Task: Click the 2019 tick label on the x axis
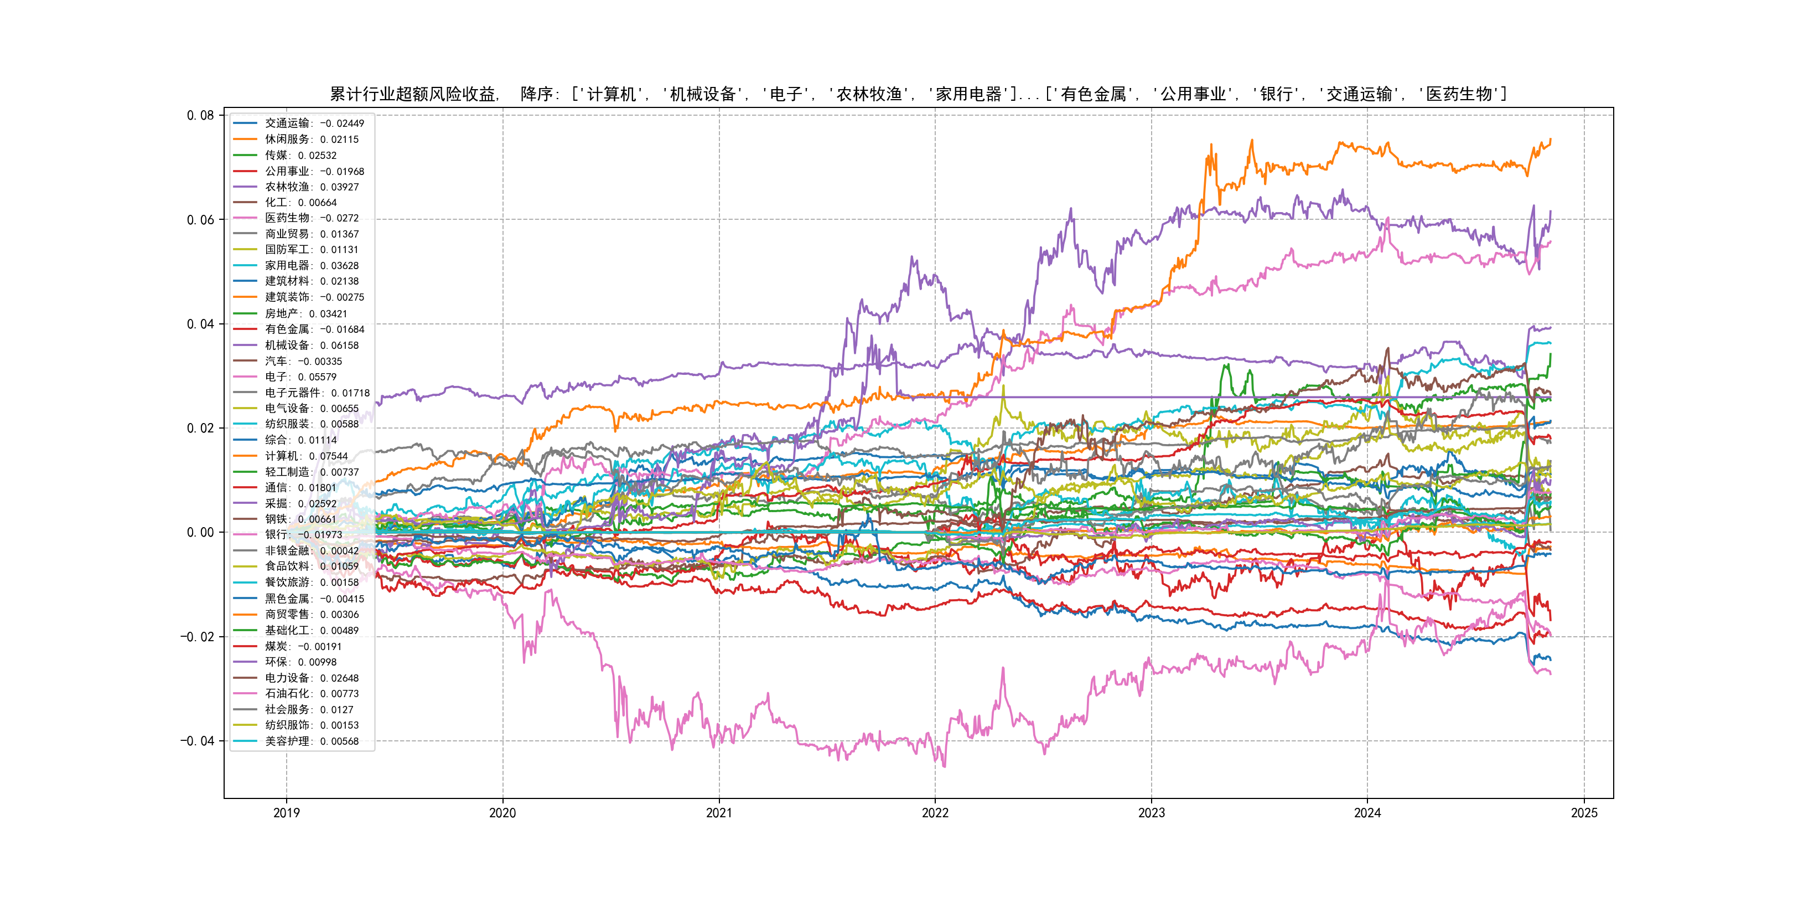click(286, 813)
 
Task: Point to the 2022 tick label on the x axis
click(935, 813)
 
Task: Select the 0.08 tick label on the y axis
click(200, 115)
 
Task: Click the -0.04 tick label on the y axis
click(198, 740)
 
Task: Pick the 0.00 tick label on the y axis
click(200, 532)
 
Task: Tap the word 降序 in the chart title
click(537, 94)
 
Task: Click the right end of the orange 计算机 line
click(1550, 140)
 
